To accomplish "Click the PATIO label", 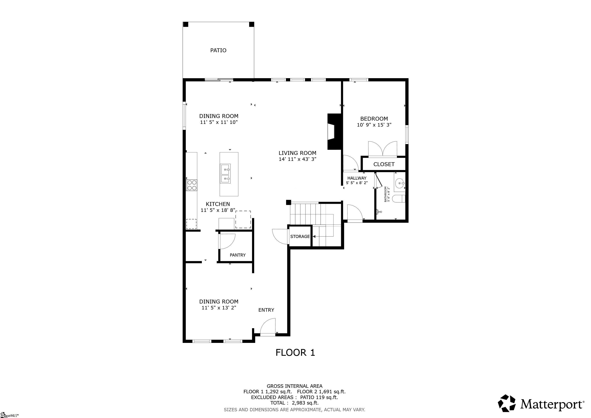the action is (x=218, y=50).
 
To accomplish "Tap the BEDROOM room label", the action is (x=374, y=119).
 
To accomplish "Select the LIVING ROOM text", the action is (x=297, y=153).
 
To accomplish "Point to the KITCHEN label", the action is (x=218, y=204).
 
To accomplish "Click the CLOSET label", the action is (x=384, y=164).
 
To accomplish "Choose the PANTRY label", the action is (x=238, y=255).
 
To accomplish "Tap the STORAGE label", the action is (x=300, y=237).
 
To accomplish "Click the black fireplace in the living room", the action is (x=334, y=131).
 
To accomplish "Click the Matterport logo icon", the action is (x=507, y=403).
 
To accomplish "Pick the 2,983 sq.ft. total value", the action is (x=305, y=403).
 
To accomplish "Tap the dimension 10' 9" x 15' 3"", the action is (x=374, y=125).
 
